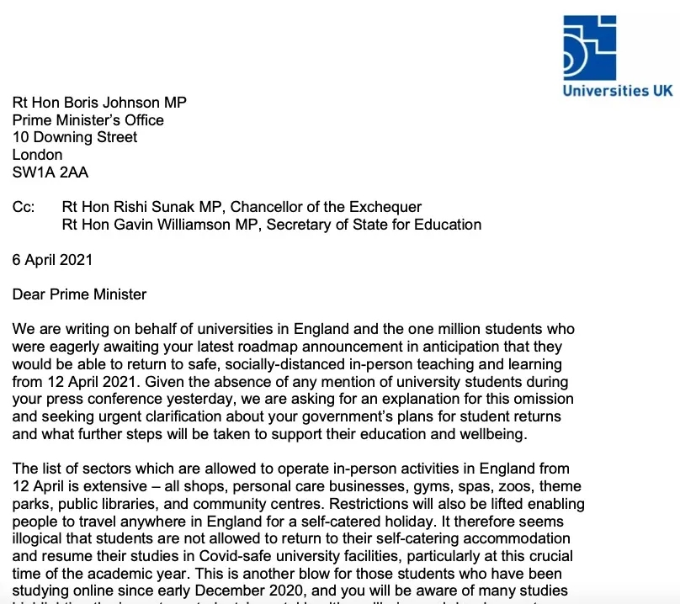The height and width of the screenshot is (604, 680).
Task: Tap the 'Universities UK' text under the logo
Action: pos(618,90)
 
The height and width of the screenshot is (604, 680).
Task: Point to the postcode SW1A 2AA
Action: pos(50,172)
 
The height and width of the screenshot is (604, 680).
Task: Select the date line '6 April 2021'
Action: pos(52,259)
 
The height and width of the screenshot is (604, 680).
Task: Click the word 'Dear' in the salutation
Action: pos(29,294)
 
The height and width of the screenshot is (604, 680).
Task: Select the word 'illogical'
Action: pos(40,539)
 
